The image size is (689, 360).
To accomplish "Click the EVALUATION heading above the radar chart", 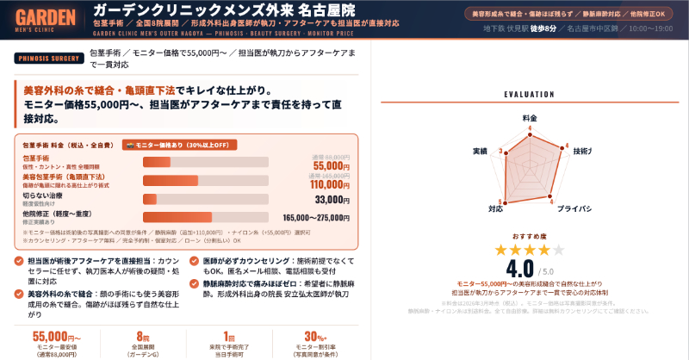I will (529, 95).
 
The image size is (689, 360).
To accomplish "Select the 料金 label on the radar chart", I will (530, 116).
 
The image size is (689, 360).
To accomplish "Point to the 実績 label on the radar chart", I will (481, 151).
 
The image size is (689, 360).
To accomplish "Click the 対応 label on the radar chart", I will (496, 208).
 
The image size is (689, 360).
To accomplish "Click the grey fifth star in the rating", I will (558, 250).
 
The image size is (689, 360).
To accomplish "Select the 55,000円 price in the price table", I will (331, 165).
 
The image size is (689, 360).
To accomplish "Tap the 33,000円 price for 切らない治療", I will (332, 200).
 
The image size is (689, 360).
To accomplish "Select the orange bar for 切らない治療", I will (150, 199).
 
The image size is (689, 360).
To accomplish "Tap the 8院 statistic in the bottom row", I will (143, 336).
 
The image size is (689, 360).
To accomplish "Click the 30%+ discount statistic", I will (315, 336).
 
